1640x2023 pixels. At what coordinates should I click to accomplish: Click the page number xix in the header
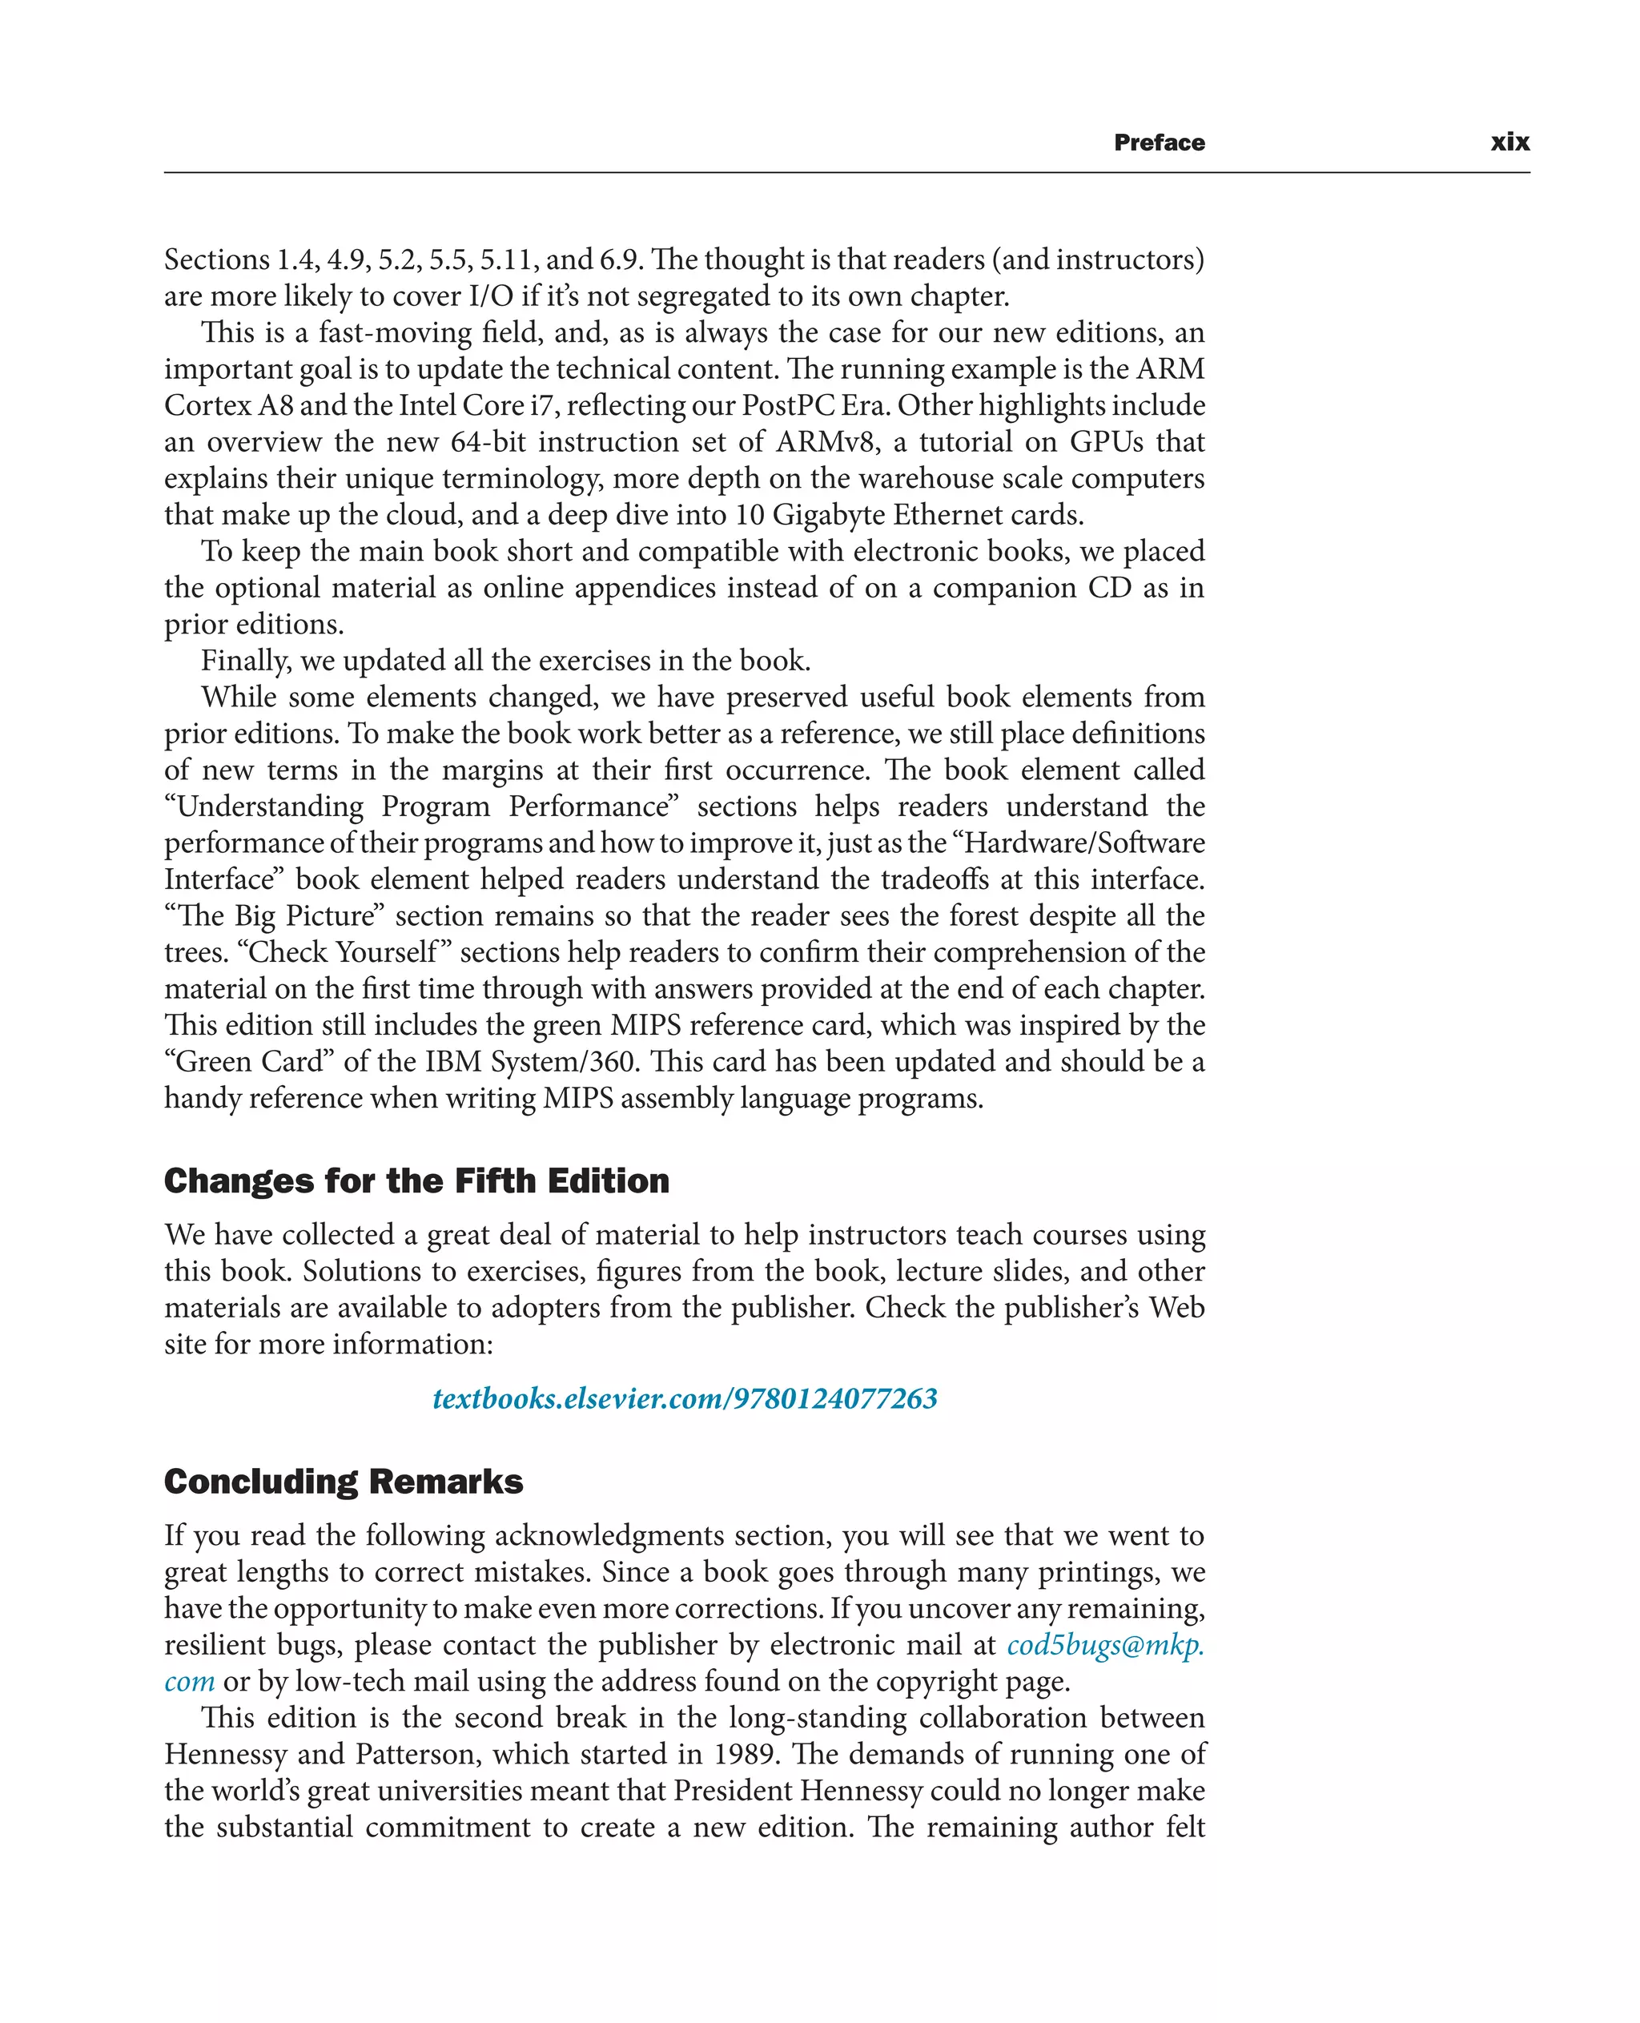[x=1509, y=143]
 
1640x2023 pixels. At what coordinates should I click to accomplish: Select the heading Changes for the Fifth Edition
[x=416, y=1181]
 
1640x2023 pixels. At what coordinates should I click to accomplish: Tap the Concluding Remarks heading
[x=343, y=1482]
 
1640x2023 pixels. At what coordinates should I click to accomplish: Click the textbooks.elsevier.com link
[x=684, y=1398]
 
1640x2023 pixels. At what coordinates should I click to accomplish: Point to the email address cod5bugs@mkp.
[x=1104, y=1645]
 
